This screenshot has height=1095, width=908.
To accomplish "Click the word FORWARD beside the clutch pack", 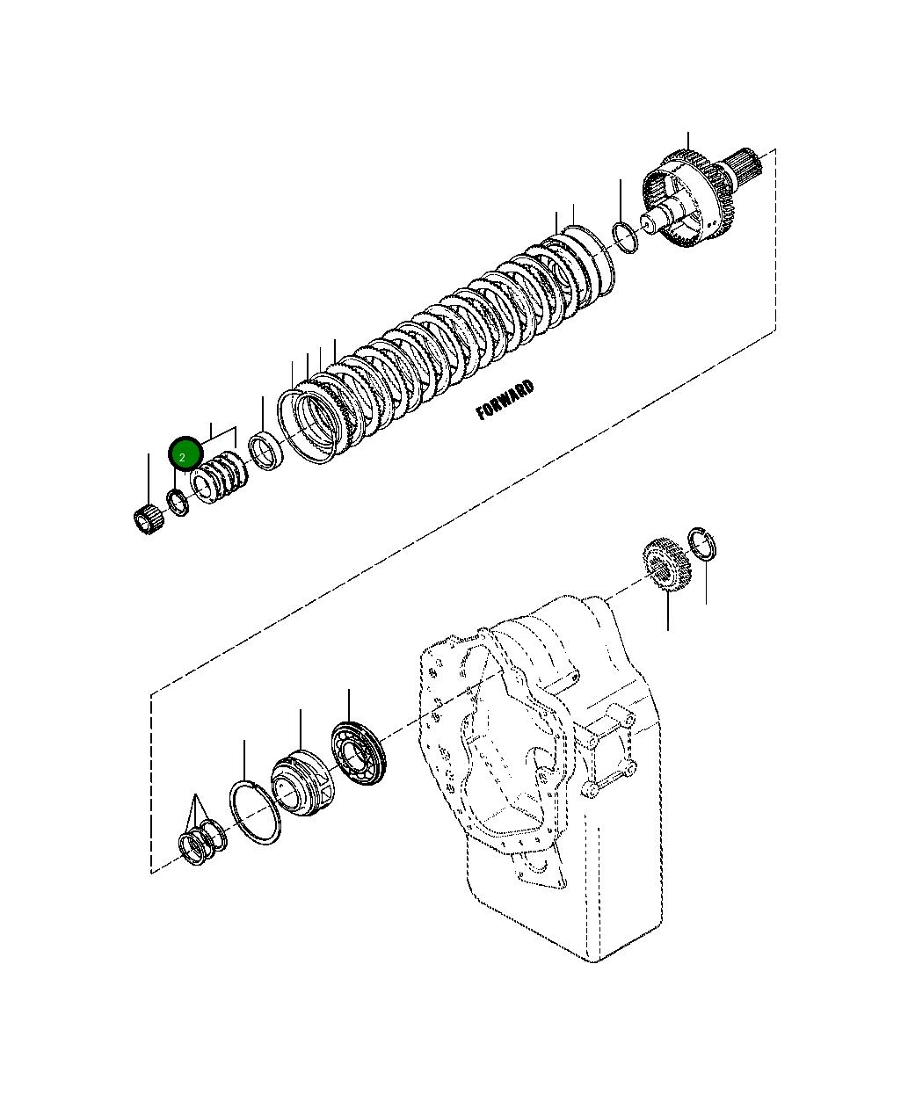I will (505, 401).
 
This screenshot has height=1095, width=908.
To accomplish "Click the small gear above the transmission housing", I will (667, 569).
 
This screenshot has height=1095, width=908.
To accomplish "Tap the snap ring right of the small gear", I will (704, 544).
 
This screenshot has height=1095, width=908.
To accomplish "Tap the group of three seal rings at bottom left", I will (202, 842).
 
